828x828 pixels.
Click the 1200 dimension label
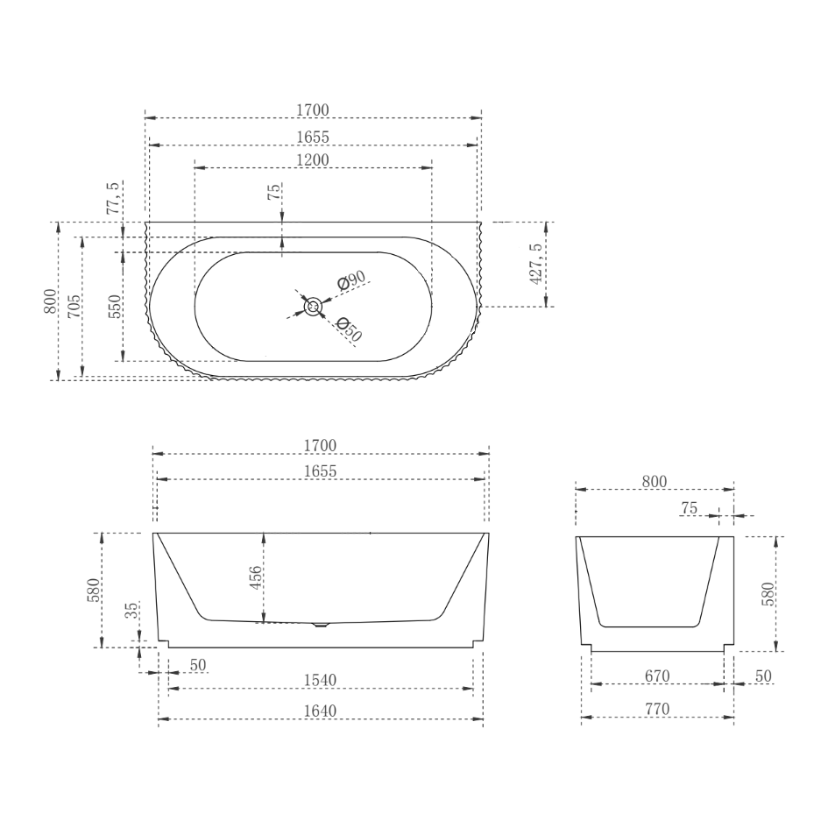pyautogui.click(x=313, y=159)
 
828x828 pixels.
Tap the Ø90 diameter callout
pyautogui.click(x=351, y=280)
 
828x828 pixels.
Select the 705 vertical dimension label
pyautogui.click(x=74, y=305)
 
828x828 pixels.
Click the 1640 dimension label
pyautogui.click(x=320, y=711)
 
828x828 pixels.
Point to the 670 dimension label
pyautogui.click(x=656, y=676)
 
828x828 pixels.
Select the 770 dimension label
pyautogui.click(x=656, y=710)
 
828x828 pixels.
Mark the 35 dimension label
pyautogui.click(x=131, y=611)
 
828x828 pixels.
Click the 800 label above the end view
pyautogui.click(x=655, y=481)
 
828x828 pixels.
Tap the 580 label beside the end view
pyautogui.click(x=768, y=593)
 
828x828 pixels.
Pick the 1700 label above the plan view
pyautogui.click(x=313, y=110)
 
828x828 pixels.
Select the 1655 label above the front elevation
pyautogui.click(x=321, y=471)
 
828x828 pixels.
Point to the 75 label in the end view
pyautogui.click(x=688, y=508)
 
